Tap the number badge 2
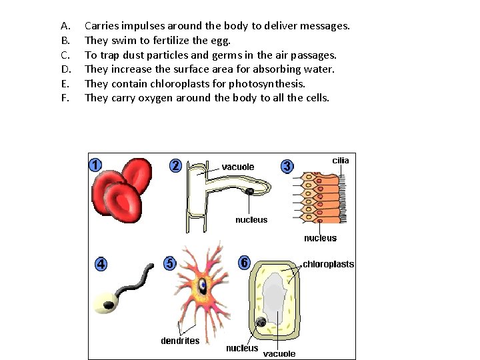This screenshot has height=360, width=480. (175, 165)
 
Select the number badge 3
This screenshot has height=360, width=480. (287, 165)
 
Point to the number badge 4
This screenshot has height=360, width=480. (101, 264)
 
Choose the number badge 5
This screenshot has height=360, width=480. (170, 263)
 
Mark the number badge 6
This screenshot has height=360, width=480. (245, 263)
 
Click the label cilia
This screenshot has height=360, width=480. (340, 161)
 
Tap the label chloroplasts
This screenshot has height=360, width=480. (329, 264)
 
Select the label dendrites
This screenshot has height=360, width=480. (180, 341)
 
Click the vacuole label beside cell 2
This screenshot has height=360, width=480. (238, 167)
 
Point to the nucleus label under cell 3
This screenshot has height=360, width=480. (320, 238)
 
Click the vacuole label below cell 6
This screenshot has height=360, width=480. (279, 353)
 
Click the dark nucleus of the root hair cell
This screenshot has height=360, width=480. (249, 192)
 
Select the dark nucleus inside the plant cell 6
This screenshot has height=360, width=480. (262, 323)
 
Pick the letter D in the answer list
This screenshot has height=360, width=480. (65, 69)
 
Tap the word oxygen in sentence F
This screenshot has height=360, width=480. (156, 98)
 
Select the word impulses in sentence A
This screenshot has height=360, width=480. (141, 26)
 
